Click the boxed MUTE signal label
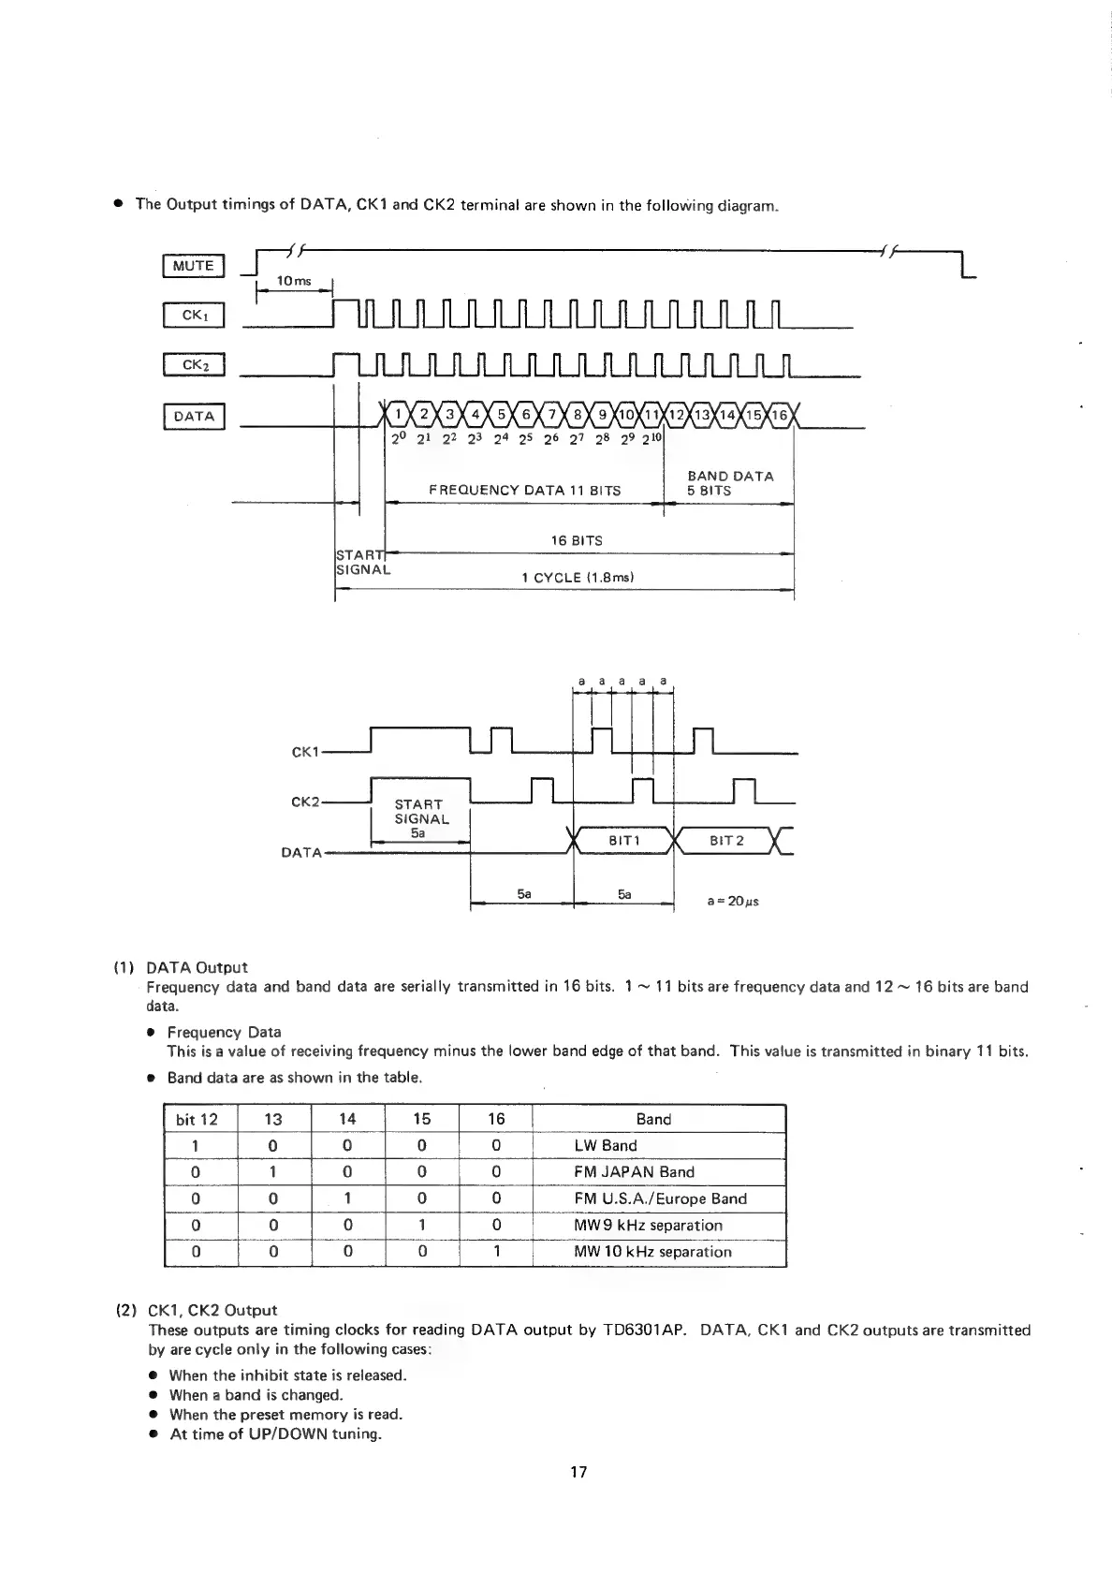194,266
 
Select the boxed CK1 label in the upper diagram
194,316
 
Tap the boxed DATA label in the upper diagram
194,416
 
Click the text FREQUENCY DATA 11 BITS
524,490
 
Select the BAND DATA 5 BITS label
730,483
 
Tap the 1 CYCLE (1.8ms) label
578,578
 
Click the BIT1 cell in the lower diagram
623,841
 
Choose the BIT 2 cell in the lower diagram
726,841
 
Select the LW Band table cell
606,1145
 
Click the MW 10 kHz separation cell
652,1252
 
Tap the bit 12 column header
197,1119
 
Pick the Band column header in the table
653,1119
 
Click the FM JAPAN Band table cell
634,1172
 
